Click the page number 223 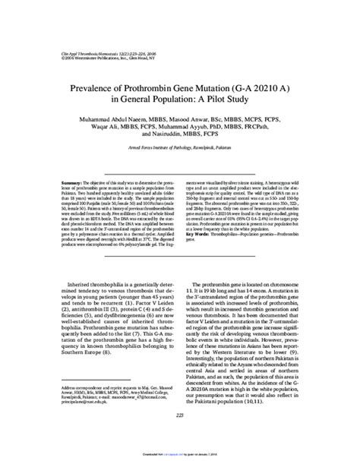tap(179, 435)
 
